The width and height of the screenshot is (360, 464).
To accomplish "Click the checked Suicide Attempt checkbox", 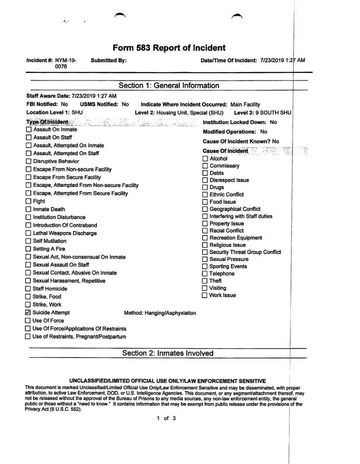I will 29,313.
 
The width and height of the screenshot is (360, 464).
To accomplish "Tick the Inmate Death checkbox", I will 29,209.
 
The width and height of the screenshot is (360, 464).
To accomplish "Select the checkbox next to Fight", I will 29,202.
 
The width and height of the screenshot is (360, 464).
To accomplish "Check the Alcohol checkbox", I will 205,159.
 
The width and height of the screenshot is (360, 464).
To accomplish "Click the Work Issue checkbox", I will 205,295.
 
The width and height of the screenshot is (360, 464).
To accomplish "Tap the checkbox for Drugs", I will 205,187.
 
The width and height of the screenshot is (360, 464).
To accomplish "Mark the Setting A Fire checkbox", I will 29,249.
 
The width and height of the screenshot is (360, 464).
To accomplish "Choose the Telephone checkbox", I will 205,274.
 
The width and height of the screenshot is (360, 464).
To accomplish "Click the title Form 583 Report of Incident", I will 169,48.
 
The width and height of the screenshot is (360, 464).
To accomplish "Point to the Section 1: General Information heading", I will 169,85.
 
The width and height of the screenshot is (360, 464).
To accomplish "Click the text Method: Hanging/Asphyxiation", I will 160,313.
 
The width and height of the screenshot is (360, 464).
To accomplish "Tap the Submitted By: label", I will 109,60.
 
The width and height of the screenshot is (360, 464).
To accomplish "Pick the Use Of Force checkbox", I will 29,321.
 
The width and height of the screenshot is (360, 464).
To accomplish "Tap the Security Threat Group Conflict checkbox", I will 205,252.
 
